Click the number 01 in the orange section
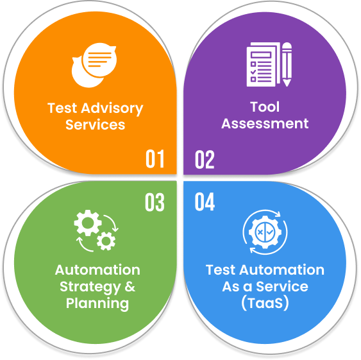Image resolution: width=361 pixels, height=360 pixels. point(155,159)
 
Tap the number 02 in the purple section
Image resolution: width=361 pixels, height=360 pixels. point(205,160)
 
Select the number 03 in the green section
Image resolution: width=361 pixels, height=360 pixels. point(155,202)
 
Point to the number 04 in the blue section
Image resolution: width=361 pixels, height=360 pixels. point(205,201)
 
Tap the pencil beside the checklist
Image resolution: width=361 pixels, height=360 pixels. point(287,65)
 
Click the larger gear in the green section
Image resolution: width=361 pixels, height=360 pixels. point(88,223)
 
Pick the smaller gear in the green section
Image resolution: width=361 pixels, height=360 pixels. point(106,241)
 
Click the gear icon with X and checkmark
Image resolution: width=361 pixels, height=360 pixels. point(265,232)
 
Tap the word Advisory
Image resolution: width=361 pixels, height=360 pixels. point(112,109)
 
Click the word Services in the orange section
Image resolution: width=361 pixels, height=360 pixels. point(96,124)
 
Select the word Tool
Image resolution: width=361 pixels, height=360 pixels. point(265,107)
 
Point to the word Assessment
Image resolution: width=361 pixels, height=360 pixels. point(265,124)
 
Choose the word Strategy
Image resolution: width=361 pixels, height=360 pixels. point(90,287)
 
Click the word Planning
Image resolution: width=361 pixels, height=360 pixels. point(97,304)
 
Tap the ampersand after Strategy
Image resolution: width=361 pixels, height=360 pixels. point(130,286)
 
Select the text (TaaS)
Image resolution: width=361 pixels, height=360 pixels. point(265,303)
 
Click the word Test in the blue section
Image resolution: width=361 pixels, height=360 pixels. point(221,270)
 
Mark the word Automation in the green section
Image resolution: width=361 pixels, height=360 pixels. point(97,270)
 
